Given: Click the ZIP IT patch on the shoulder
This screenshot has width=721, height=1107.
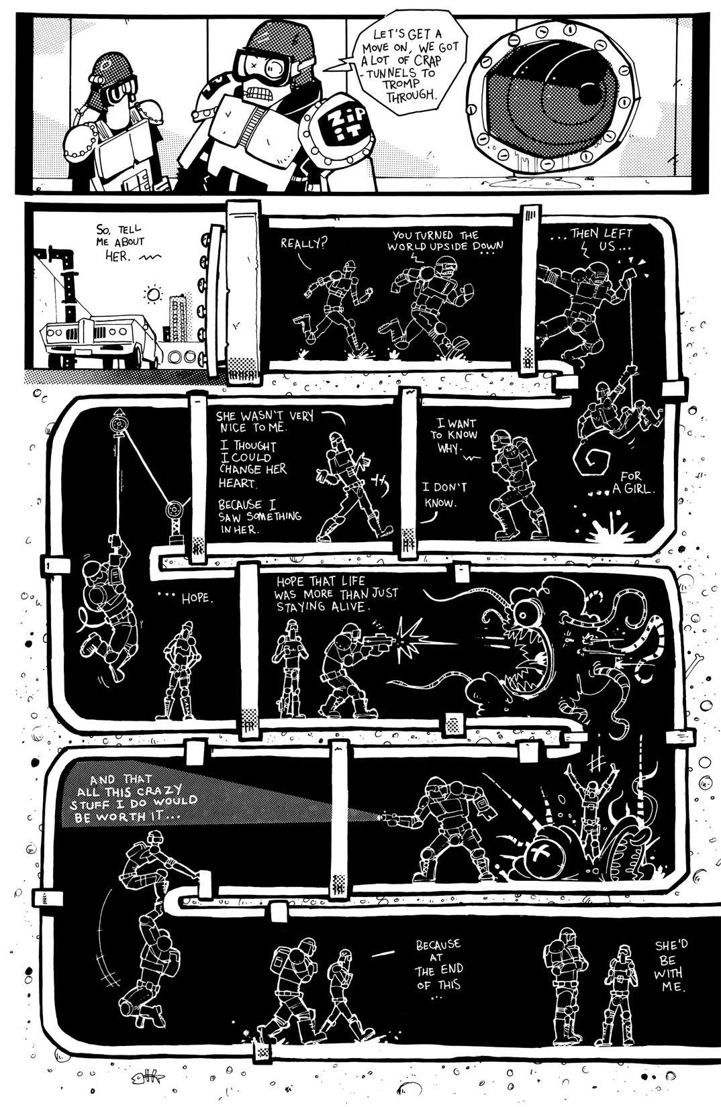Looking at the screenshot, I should click(336, 126).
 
